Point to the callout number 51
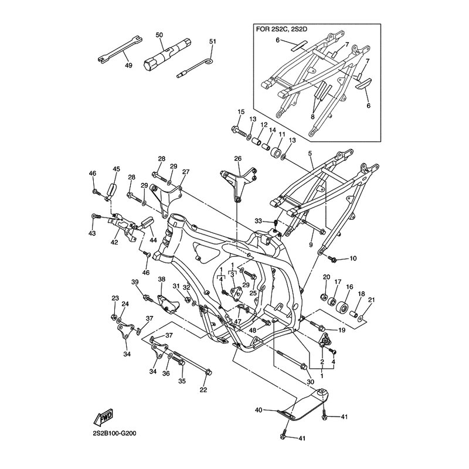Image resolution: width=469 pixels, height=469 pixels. click(212, 42)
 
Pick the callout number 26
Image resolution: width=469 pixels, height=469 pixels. click(237, 158)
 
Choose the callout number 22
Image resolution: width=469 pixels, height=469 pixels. click(203, 390)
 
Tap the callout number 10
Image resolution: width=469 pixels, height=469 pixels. click(353, 259)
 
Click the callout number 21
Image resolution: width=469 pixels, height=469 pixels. click(371, 300)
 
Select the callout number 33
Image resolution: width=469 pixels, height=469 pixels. click(257, 220)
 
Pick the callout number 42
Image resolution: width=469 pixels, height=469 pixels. click(115, 242)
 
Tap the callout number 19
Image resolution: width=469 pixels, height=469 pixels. click(342, 330)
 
